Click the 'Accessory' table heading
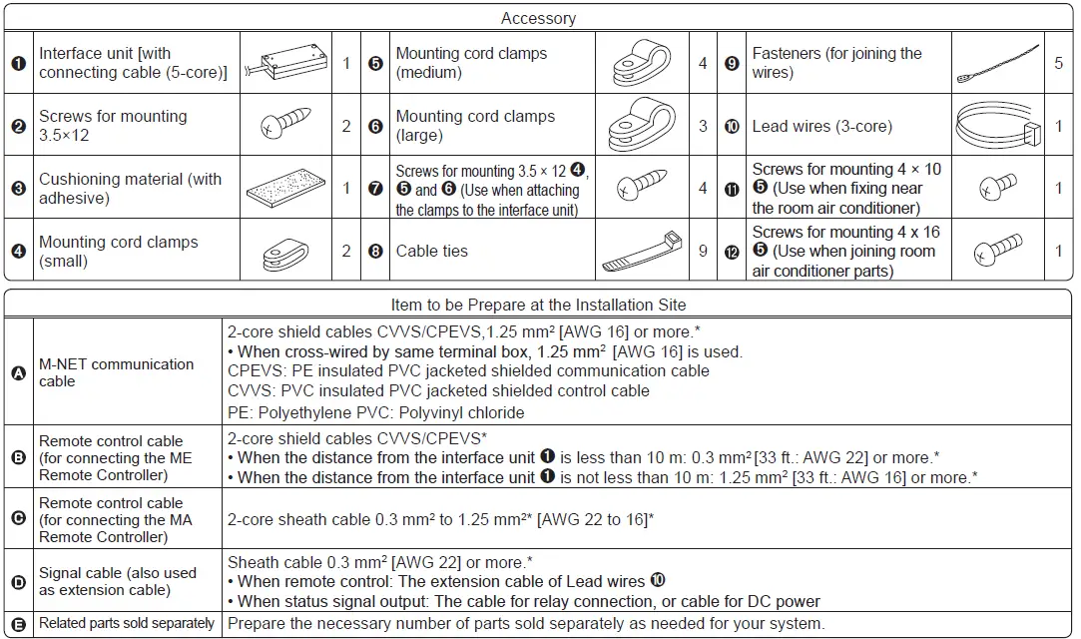pyautogui.click(x=538, y=18)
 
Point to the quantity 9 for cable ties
pyautogui.click(x=703, y=251)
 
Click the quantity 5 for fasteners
pyautogui.click(x=1058, y=63)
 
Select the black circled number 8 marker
pyautogui.click(x=375, y=252)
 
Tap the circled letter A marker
pyautogui.click(x=18, y=372)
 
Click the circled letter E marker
pyautogui.click(x=18, y=623)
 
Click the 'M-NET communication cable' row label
pyautogui.click(x=116, y=372)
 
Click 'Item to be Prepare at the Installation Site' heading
pyautogui.click(x=538, y=305)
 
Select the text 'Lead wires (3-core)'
pyautogui.click(x=821, y=126)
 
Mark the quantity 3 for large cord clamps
pyautogui.click(x=703, y=126)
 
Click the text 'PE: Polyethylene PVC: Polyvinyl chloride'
pyautogui.click(x=375, y=412)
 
